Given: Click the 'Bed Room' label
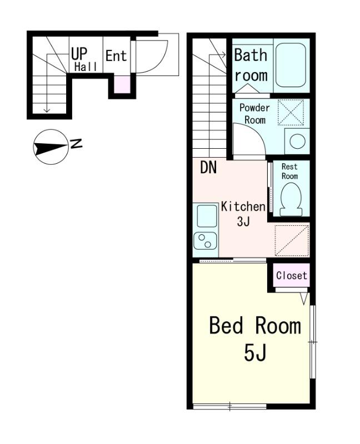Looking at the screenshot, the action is pyautogui.click(x=255, y=326).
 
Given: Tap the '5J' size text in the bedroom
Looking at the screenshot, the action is pyautogui.click(x=255, y=353).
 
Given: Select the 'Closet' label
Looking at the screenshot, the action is pyautogui.click(x=292, y=275).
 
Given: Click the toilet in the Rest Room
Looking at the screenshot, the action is pyautogui.click(x=291, y=200).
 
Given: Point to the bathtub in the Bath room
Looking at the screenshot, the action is pyautogui.click(x=291, y=65).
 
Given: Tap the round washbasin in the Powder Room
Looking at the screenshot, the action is pyautogui.click(x=297, y=141).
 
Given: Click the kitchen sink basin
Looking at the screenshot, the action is pyautogui.click(x=207, y=216).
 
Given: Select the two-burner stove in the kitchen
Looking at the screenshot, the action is pyautogui.click(x=205, y=241).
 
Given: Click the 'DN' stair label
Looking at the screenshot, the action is pyautogui.click(x=208, y=168).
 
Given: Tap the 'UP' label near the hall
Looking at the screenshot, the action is pyautogui.click(x=79, y=53).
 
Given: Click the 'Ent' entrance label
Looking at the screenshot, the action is pyautogui.click(x=116, y=56).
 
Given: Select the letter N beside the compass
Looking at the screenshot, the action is pyautogui.click(x=76, y=144).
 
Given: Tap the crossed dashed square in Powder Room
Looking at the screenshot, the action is pyautogui.click(x=291, y=112).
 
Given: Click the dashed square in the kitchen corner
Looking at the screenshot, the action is pyautogui.click(x=292, y=241).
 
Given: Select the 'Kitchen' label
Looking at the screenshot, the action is pyautogui.click(x=243, y=206).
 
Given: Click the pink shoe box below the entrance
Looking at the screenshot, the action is pyautogui.click(x=122, y=84).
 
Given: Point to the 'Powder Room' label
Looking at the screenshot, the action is pyautogui.click(x=254, y=114).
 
